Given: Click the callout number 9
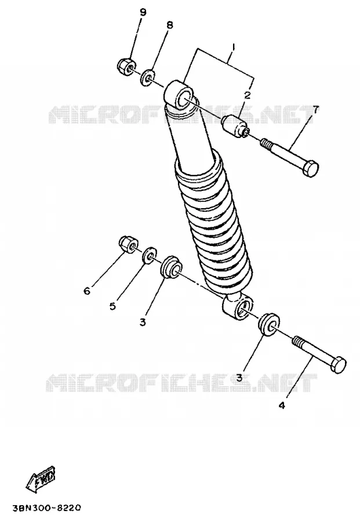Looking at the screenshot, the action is point(143,13).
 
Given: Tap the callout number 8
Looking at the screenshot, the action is point(170,25).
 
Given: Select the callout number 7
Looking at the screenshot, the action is point(315,108).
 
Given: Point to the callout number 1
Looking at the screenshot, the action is point(233,47).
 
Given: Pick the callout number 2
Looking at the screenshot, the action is point(247,96).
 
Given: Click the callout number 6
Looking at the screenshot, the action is point(87,291).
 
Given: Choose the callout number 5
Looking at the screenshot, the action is point(113,306).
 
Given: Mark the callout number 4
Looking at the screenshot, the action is point(282,405).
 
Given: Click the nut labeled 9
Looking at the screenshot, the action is point(126,65).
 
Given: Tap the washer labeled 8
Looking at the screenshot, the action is point(148,77).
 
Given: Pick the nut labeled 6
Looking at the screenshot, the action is point(128,244).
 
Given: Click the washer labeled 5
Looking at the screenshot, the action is point(150,255).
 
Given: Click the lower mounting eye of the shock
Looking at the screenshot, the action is point(238,306).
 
